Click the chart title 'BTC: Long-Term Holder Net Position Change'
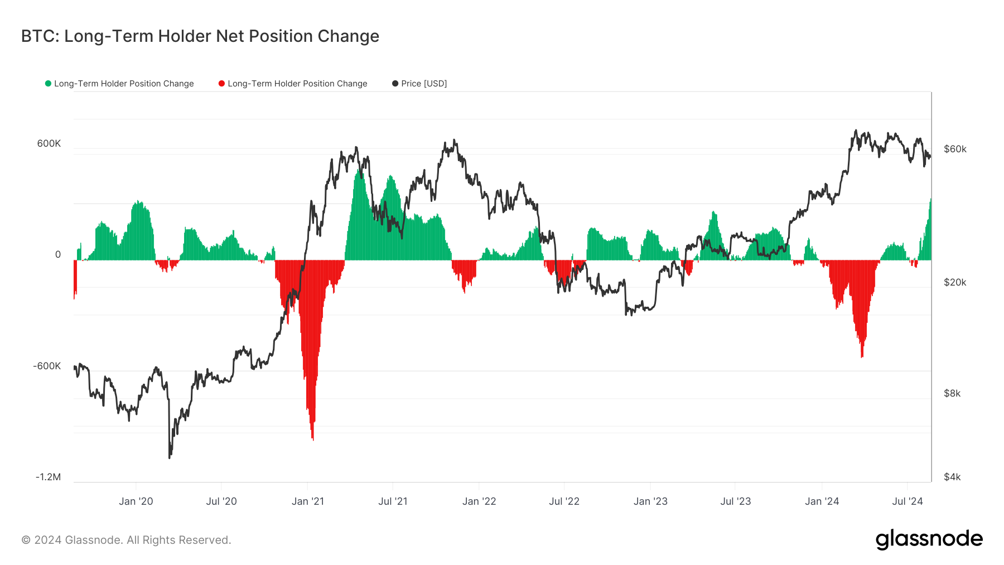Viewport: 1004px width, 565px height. (200, 36)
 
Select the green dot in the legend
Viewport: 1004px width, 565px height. (48, 84)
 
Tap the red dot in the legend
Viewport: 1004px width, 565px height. (221, 84)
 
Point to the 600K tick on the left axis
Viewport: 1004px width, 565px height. (49, 143)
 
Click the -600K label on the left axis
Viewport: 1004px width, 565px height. (47, 366)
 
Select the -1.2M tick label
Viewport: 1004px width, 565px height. (48, 477)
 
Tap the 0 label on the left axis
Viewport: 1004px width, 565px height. (58, 255)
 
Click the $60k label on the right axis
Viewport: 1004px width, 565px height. (955, 149)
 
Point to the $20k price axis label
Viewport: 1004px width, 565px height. (955, 282)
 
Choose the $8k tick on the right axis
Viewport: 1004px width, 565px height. (952, 393)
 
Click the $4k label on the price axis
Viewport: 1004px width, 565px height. (952, 477)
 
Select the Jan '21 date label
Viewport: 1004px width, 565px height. (307, 501)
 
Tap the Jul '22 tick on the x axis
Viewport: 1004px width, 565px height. (564, 501)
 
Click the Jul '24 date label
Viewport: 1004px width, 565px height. (907, 501)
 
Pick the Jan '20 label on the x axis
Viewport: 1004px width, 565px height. (136, 501)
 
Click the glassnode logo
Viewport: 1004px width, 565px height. (929, 539)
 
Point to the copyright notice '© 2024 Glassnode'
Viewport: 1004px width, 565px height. (126, 540)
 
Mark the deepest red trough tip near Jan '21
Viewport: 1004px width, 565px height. (313, 440)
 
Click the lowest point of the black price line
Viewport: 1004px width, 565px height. (170, 458)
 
